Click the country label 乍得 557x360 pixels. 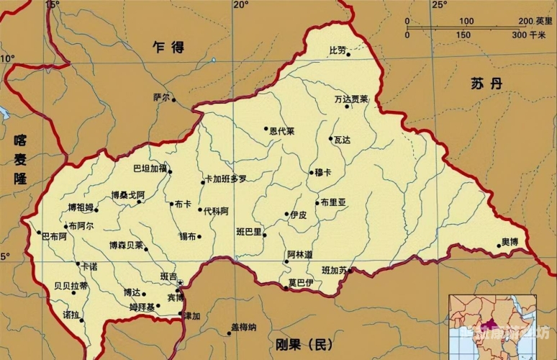(x=168, y=48)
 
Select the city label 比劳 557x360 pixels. (x=338, y=50)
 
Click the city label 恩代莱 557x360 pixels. (x=283, y=131)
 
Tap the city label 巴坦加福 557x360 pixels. (x=149, y=168)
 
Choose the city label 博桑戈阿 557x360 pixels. (x=127, y=194)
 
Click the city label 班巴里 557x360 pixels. (x=249, y=232)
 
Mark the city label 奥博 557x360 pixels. (x=510, y=241)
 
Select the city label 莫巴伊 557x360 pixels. (x=300, y=282)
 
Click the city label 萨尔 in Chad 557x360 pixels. (x=160, y=97)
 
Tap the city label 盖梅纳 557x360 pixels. (x=243, y=327)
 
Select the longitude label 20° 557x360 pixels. (x=240, y=5)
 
